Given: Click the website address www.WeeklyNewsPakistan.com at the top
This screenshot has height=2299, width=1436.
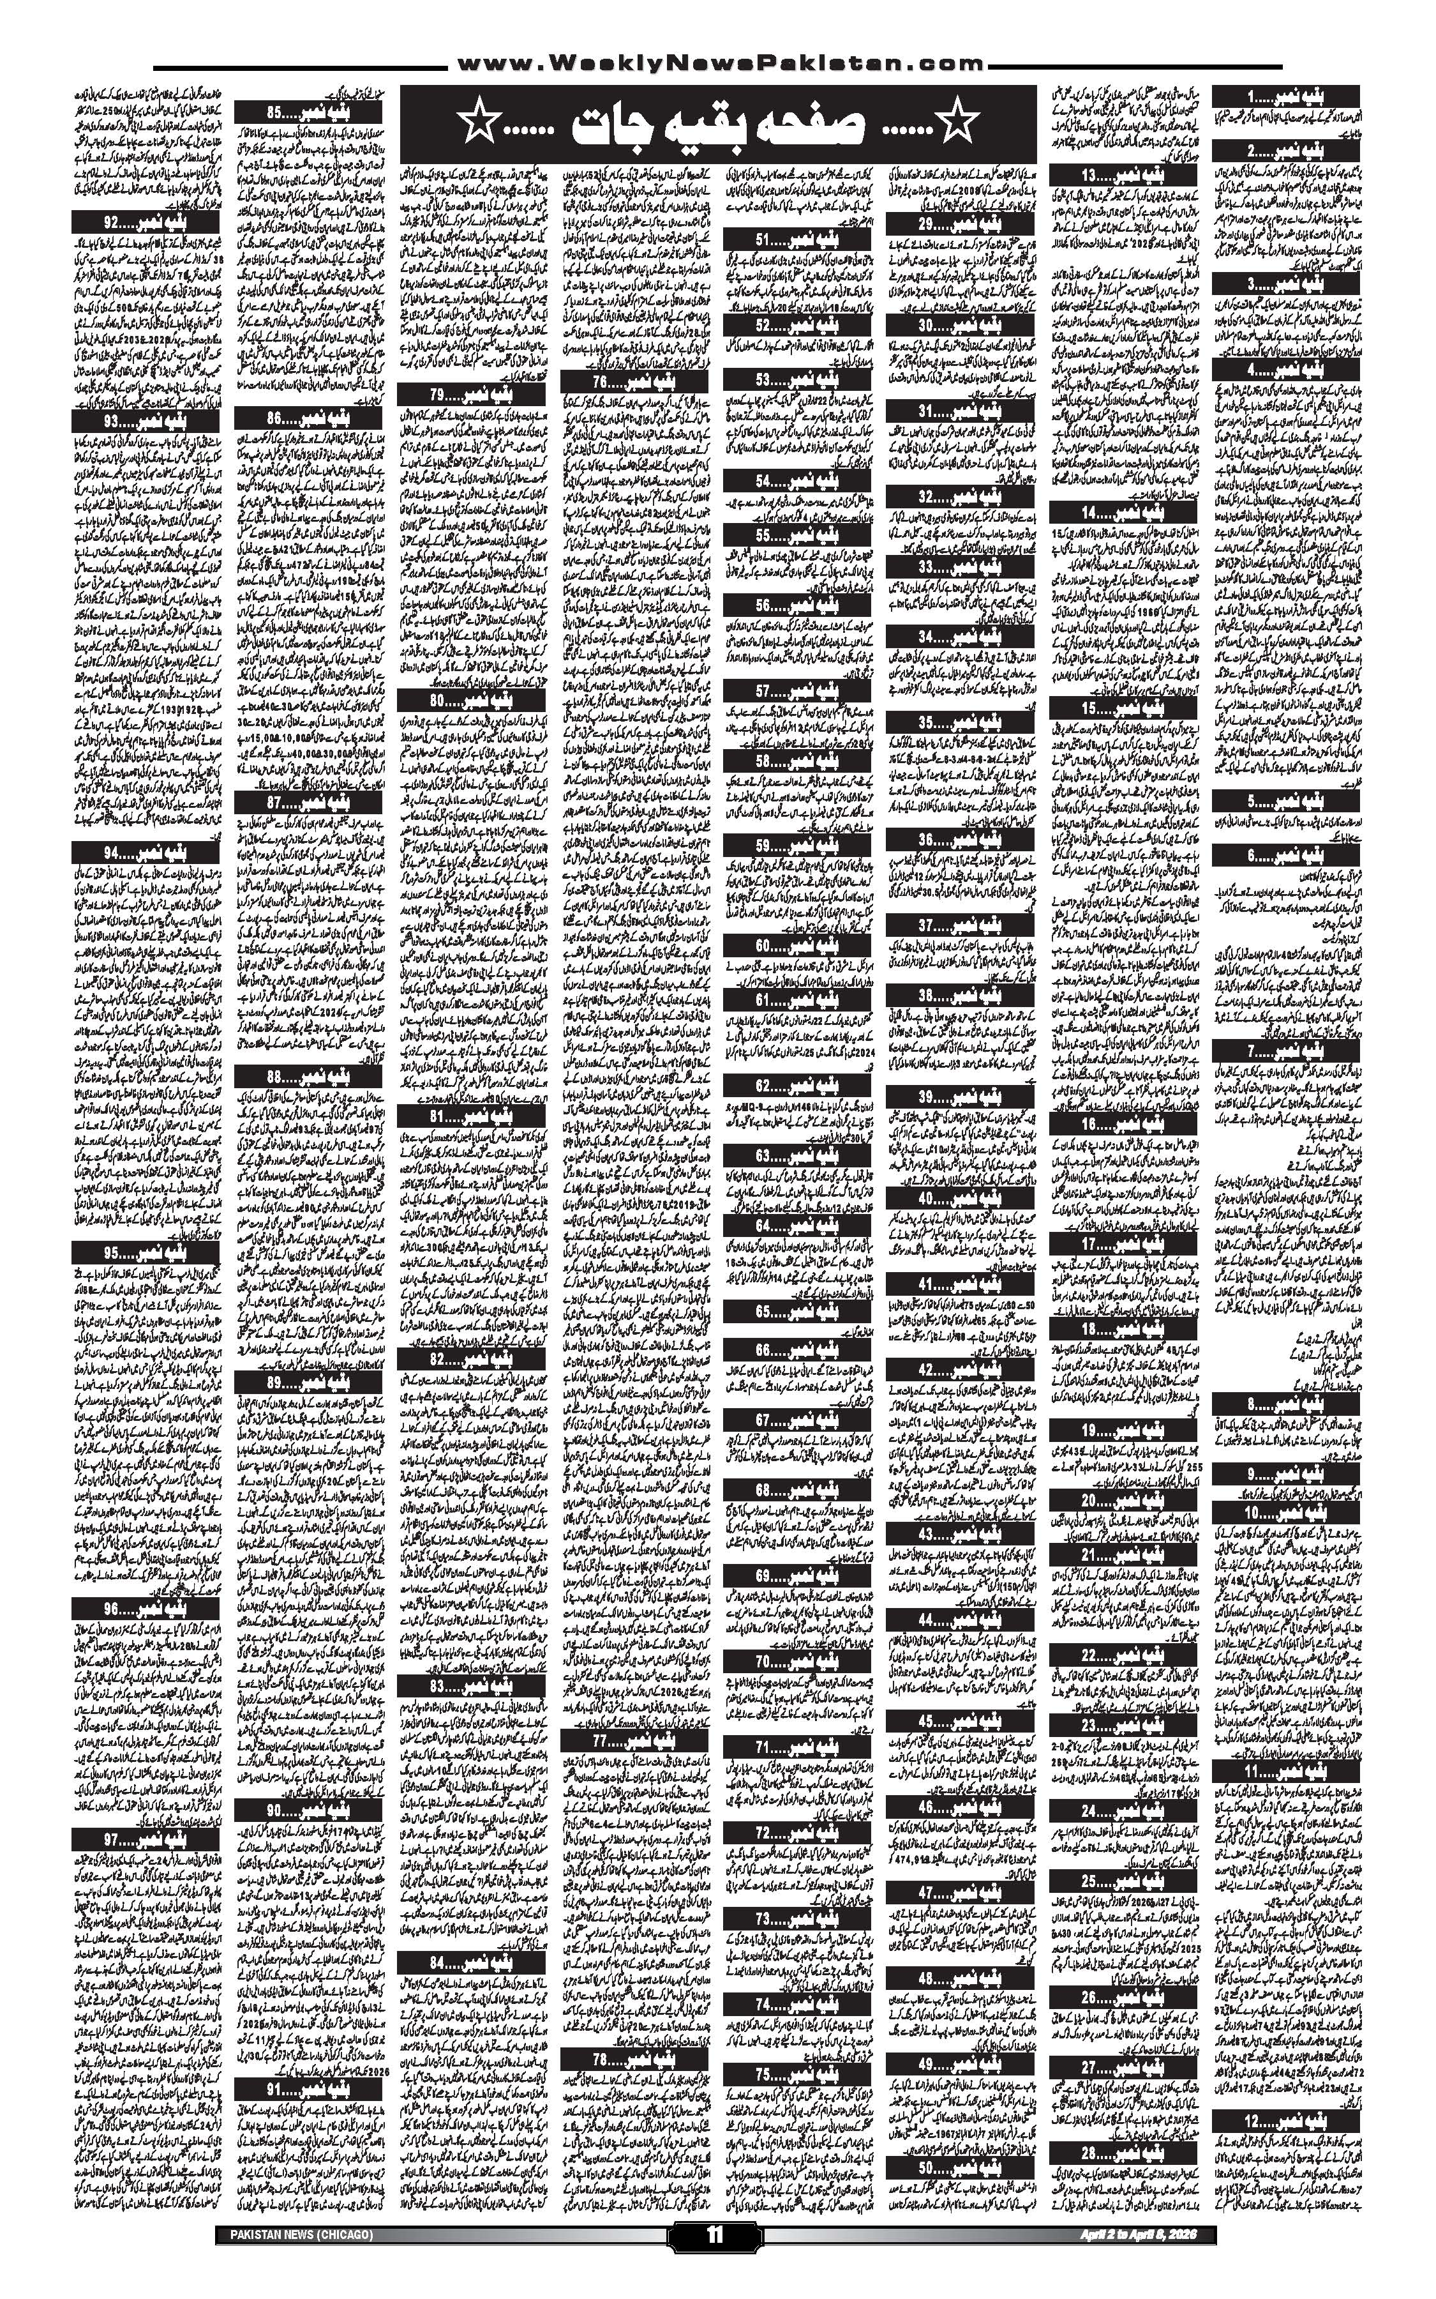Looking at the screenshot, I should pyautogui.click(x=719, y=64).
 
